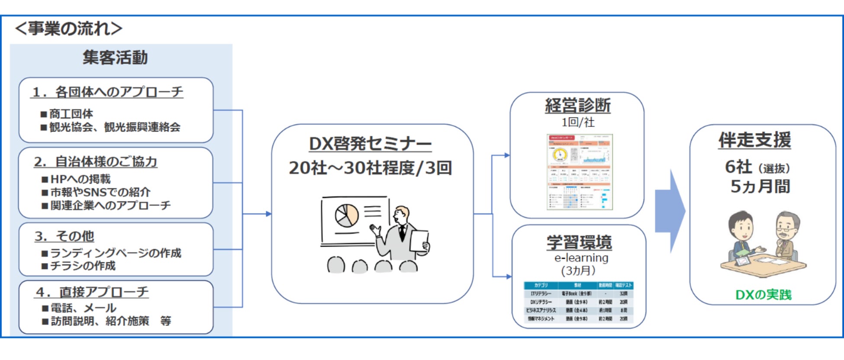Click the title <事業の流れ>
pos(68,29)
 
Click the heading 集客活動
pos(115,58)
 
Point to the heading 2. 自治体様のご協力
pos(96,162)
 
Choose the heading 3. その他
pos(64,236)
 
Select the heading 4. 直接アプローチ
pos(92,292)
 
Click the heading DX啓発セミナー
pos(370,144)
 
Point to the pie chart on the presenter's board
pos(347,215)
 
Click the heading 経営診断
pos(577,106)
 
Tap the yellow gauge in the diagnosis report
pos(560,155)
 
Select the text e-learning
pos(581,258)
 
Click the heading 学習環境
pos(579,242)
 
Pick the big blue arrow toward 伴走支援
pos(670,212)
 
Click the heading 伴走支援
pos(754,140)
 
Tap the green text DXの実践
pos(763,295)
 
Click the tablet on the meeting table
pos(742,261)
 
